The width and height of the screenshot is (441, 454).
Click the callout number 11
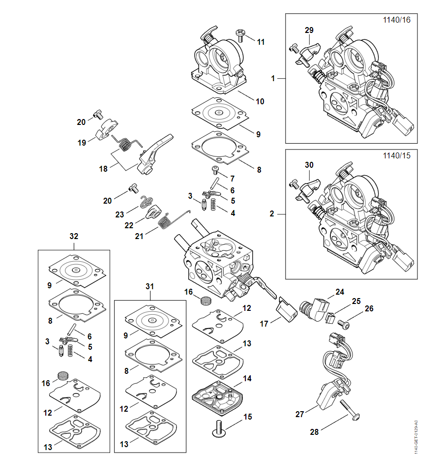point(261,42)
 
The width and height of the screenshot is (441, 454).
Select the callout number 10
point(260,101)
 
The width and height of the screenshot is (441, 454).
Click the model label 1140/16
point(396,20)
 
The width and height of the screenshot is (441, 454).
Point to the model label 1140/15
point(396,155)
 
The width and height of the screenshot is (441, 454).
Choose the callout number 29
point(309,30)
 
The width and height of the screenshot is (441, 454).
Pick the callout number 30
point(309,165)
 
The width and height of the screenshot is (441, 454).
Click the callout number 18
point(103,169)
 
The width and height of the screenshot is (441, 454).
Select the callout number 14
point(247,379)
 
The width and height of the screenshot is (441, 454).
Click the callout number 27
point(299,414)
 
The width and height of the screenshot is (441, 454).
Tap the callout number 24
point(339,292)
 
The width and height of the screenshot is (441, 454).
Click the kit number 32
point(74,236)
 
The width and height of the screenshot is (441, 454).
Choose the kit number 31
point(150,286)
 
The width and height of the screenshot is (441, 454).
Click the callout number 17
point(264,324)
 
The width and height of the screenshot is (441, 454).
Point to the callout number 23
point(119,214)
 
